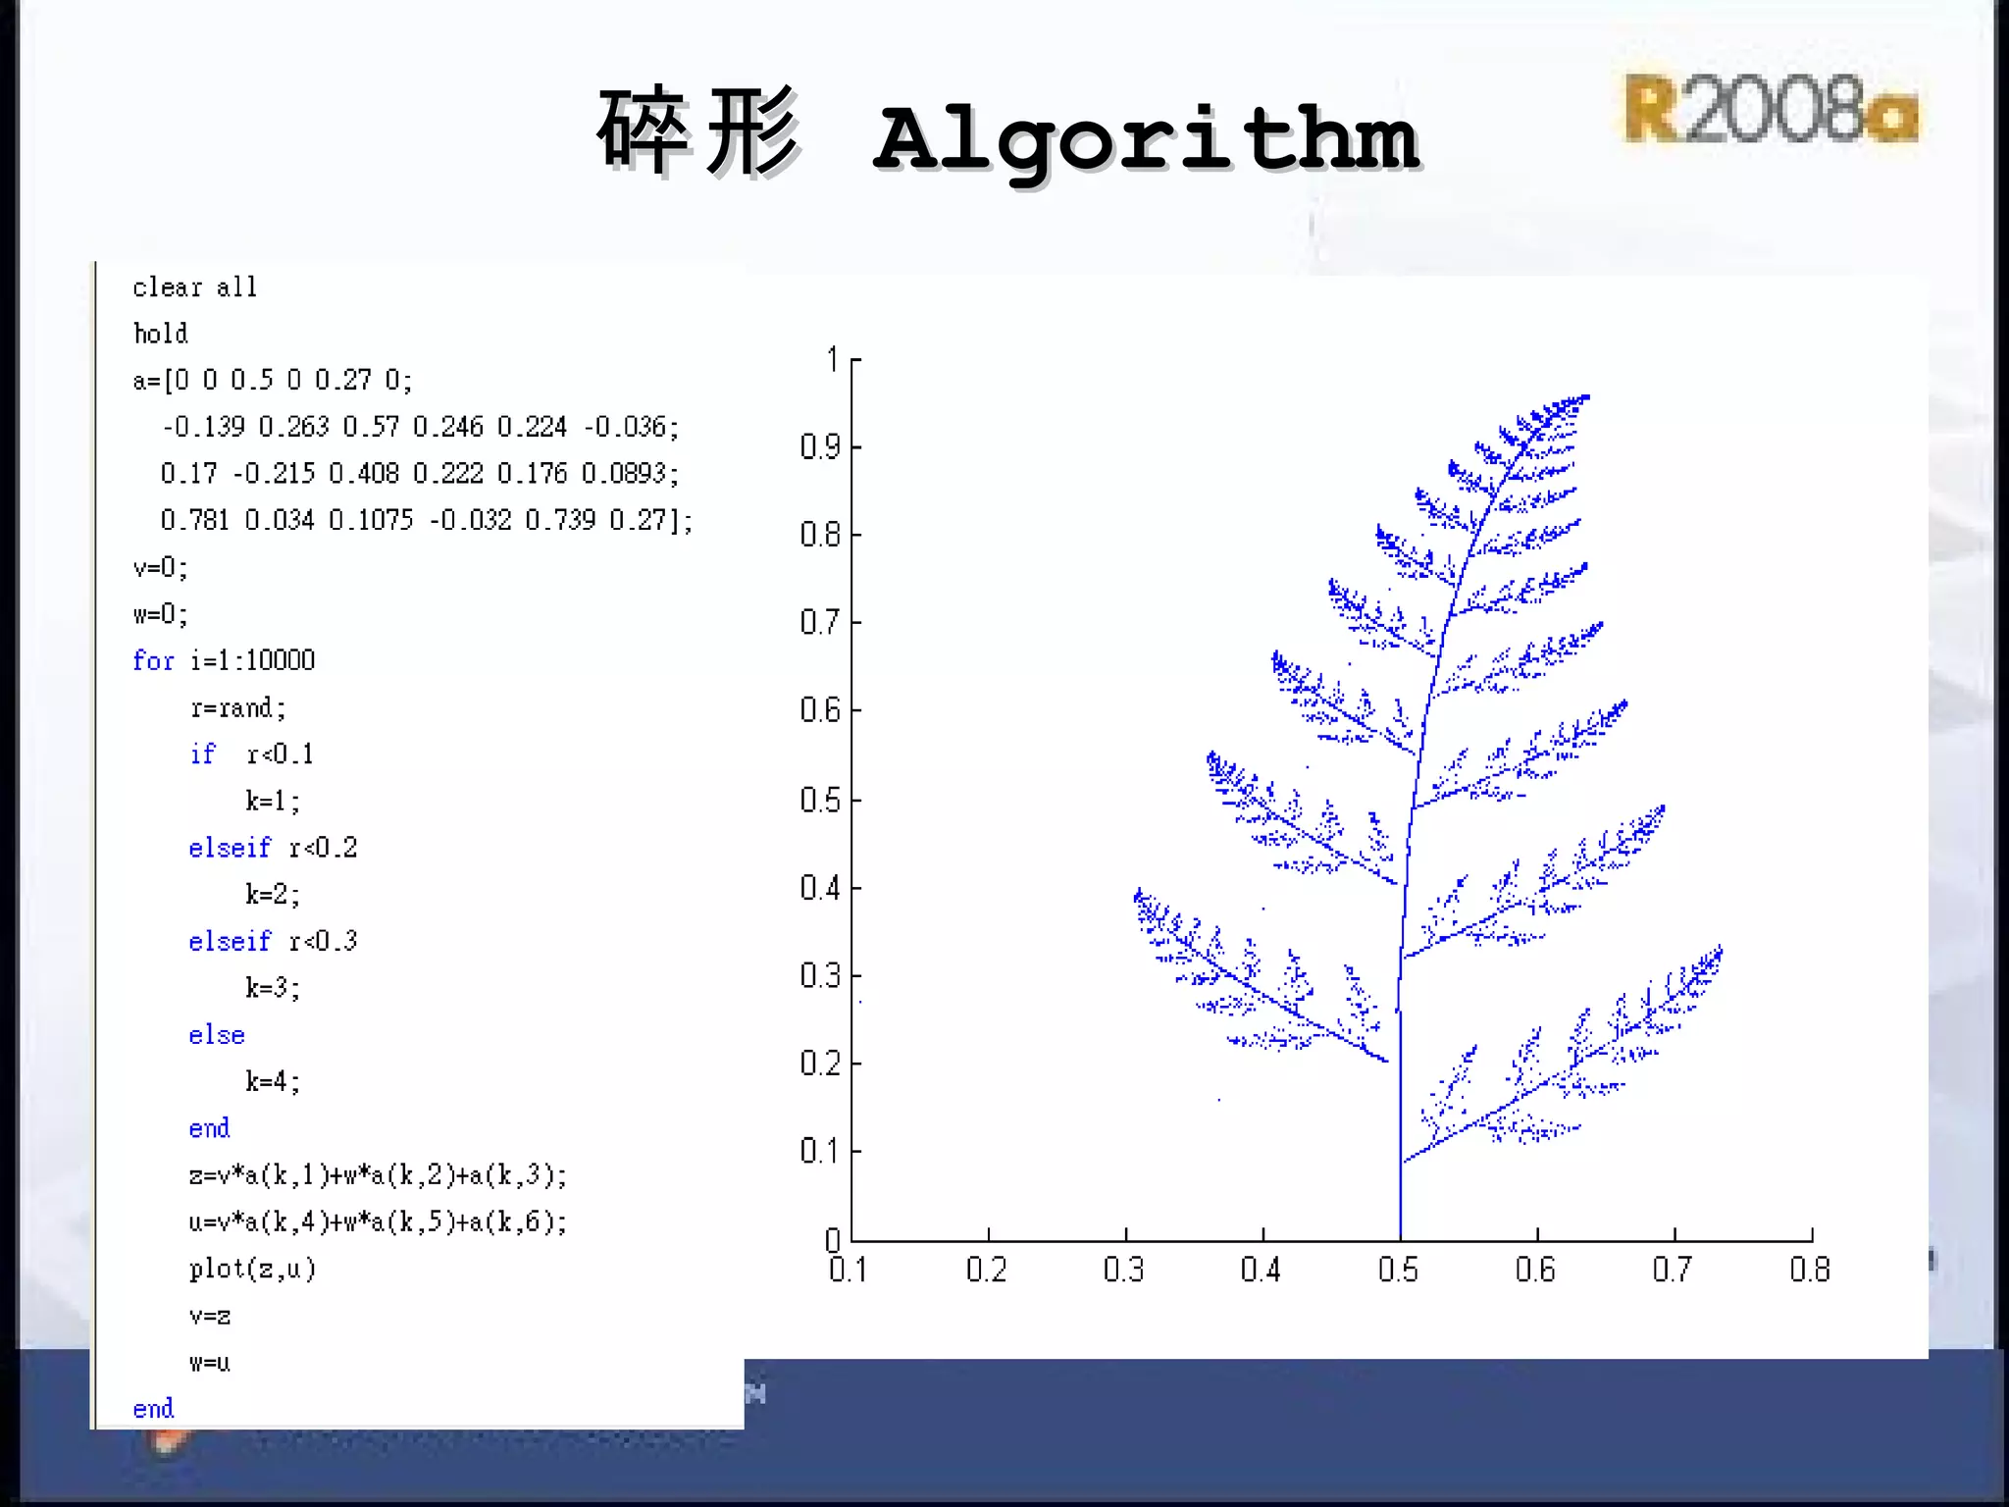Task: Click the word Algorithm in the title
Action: (x=1146, y=139)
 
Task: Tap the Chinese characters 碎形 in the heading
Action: (x=698, y=132)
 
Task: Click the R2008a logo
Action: (x=1771, y=109)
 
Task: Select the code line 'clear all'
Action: (x=194, y=287)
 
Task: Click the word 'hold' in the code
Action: (x=161, y=334)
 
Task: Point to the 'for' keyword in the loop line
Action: (x=153, y=661)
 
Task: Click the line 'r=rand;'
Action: (x=238, y=707)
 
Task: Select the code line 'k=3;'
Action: (x=273, y=987)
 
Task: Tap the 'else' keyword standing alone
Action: (x=217, y=1035)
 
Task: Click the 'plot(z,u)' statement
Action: (x=252, y=1269)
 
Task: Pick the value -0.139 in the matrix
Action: (x=203, y=427)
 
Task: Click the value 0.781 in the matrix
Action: (x=194, y=520)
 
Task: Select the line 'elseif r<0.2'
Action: (x=273, y=848)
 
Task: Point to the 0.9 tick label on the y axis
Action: (x=820, y=447)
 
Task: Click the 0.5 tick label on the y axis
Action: (x=820, y=800)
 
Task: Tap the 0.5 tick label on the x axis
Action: (x=1398, y=1270)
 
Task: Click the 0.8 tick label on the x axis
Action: (x=1809, y=1270)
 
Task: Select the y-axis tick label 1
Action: (x=833, y=360)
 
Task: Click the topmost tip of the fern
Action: (x=1585, y=397)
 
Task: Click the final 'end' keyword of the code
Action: (x=153, y=1409)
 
